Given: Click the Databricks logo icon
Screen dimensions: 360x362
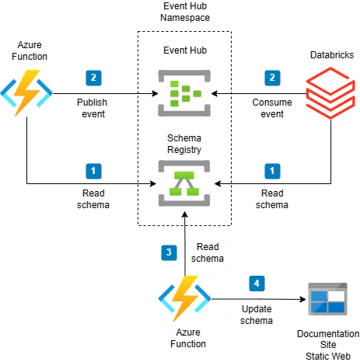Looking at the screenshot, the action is click(330, 93).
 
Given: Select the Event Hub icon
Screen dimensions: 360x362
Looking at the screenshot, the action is click(184, 93).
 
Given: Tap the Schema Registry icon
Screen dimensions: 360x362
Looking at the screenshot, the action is click(184, 183).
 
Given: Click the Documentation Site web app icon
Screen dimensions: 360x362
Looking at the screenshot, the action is click(327, 299).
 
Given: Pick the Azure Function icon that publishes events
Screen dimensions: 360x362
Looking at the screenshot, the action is click(26, 92).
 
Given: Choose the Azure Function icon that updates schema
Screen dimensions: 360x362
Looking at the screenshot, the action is click(185, 298).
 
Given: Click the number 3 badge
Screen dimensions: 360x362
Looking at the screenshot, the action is click(169, 252).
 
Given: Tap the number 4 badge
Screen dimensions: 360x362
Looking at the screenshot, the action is click(257, 284).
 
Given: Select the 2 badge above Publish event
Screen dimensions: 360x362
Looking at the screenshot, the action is click(93, 78).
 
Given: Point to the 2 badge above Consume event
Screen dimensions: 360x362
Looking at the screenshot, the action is click(272, 78).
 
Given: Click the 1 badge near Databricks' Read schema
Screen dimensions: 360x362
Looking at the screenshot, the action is click(272, 171).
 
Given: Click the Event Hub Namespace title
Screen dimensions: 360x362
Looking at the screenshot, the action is click(185, 12).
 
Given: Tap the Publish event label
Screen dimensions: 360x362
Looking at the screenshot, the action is click(93, 108).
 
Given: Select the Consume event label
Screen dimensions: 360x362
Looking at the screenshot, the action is click(272, 108).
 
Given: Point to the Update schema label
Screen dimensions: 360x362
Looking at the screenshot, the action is click(257, 315).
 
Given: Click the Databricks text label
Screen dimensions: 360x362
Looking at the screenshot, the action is click(332, 55).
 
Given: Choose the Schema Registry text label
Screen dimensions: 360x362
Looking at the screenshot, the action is click(184, 144).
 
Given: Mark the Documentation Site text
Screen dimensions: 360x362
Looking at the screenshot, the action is click(328, 339).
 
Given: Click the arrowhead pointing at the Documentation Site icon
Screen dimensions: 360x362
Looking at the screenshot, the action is click(303, 299).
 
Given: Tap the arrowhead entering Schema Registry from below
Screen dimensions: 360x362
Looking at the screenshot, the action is click(185, 214).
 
